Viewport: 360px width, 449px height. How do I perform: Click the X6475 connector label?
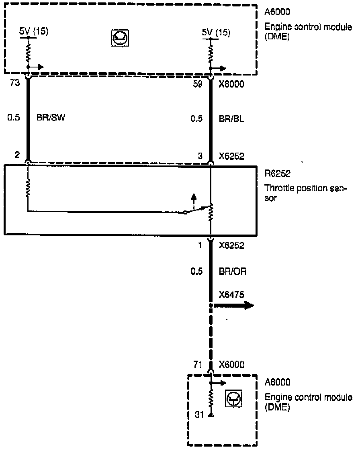(x=232, y=295)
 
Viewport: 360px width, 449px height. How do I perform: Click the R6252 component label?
(x=276, y=175)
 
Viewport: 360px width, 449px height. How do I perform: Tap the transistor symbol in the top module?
(x=120, y=39)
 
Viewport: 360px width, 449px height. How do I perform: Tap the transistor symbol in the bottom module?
(x=233, y=398)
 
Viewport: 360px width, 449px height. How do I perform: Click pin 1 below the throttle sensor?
(x=200, y=245)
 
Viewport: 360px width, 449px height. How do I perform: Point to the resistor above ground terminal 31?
(x=211, y=399)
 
